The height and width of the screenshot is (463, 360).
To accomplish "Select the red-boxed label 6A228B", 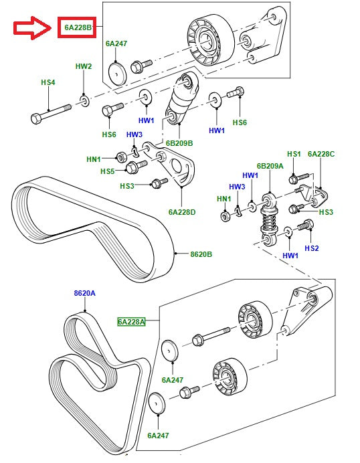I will click(x=78, y=28).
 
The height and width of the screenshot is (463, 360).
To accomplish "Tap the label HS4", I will click(x=48, y=82).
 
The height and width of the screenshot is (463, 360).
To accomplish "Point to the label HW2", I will click(x=83, y=67).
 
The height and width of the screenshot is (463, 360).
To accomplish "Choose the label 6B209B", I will click(x=179, y=143).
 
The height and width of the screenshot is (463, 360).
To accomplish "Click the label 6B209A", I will click(x=270, y=166).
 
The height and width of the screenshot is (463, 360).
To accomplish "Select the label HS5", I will click(x=108, y=171).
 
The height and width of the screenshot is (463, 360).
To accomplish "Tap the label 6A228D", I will click(x=181, y=212).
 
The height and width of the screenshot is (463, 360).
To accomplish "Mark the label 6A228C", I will click(x=321, y=154).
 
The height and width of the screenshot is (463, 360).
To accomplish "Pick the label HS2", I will click(x=312, y=248).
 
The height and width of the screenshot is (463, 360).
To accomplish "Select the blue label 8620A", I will click(x=85, y=293).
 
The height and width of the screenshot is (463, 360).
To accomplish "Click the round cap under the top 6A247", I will click(x=117, y=73).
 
